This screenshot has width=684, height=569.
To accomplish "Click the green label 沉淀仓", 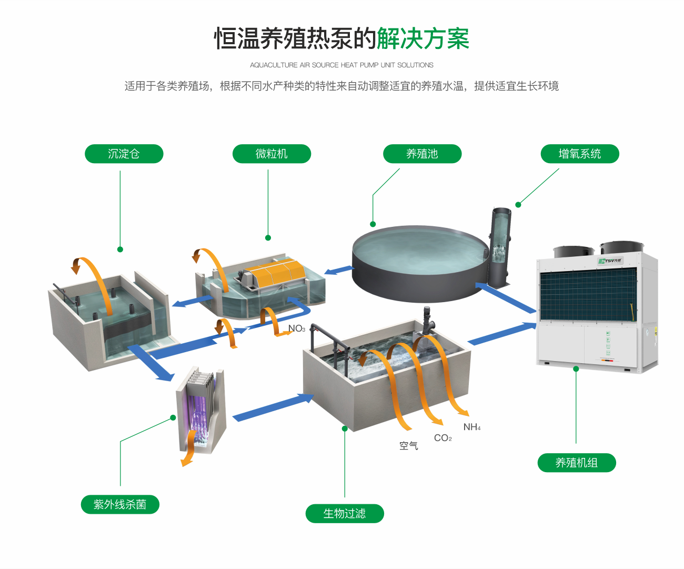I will [x=124, y=154].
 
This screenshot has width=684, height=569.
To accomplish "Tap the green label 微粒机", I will [x=271, y=154].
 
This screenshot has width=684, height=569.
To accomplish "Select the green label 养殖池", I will [x=422, y=154].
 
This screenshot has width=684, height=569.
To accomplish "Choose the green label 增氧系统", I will [x=579, y=154].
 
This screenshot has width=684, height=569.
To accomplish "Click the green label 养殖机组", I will [x=576, y=463].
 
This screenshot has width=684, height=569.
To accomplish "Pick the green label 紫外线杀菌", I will [x=119, y=504].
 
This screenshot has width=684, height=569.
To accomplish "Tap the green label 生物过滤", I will [x=344, y=513].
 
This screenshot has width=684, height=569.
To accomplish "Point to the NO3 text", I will [x=296, y=328].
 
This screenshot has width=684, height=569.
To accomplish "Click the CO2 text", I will [x=442, y=438].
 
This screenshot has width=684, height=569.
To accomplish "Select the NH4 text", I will [x=471, y=427].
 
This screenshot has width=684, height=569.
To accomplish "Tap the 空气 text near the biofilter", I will [x=408, y=446].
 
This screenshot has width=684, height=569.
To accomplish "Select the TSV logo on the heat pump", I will [x=610, y=261].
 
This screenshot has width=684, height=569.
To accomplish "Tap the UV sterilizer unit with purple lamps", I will [x=200, y=411].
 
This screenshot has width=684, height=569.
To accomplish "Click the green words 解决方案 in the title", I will [x=423, y=39].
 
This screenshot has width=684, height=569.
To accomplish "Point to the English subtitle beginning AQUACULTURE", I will [x=341, y=65].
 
